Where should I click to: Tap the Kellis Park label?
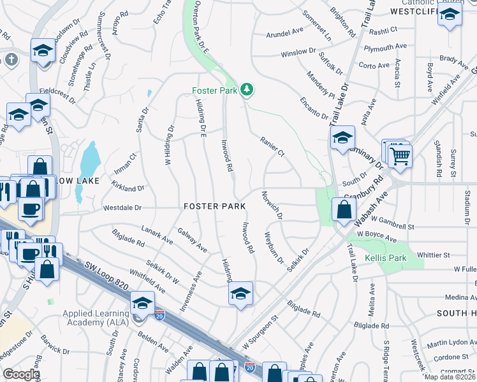[385, 258]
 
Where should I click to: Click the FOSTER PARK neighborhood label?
[215, 206]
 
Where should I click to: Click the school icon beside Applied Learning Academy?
[142, 302]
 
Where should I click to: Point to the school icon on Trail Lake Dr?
[342, 138]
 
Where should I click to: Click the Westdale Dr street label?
[122, 208]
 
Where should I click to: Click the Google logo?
[21, 374]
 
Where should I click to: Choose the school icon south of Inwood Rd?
[240, 294]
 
